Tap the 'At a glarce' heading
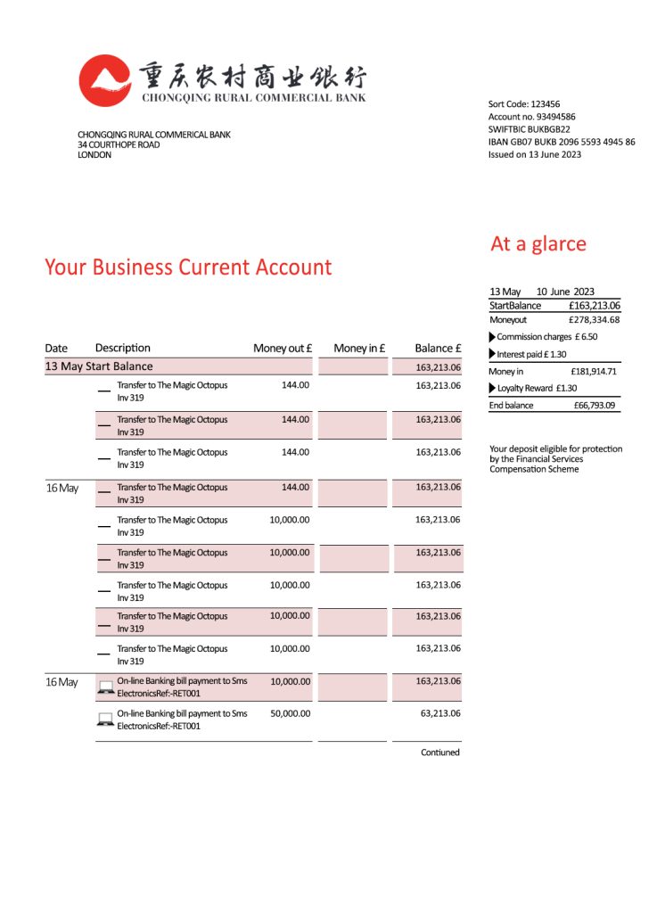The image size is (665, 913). coord(538,243)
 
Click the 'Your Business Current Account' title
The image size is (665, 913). coord(188,267)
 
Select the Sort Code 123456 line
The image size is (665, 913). coord(524,104)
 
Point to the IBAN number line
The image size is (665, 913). coord(562,142)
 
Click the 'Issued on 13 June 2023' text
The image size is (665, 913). coord(535,154)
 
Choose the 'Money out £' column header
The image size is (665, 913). coord(283,348)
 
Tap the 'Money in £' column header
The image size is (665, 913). coord(359,348)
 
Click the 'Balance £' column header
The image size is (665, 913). coord(438,348)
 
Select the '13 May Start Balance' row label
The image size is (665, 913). coord(99,366)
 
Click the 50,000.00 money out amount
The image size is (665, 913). coord(290,713)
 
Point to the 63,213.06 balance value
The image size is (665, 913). coord(438,713)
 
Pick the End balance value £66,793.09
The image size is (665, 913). coord(595,405)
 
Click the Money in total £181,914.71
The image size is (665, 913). coord(594,371)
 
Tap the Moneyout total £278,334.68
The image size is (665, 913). coord(594,319)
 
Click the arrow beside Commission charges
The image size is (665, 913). coord(492,337)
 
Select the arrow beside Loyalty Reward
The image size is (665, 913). coord(492,388)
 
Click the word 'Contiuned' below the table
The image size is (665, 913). coord(440,753)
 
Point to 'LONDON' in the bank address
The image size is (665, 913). coord(94,154)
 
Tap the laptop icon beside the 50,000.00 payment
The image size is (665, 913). coord(104,719)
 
